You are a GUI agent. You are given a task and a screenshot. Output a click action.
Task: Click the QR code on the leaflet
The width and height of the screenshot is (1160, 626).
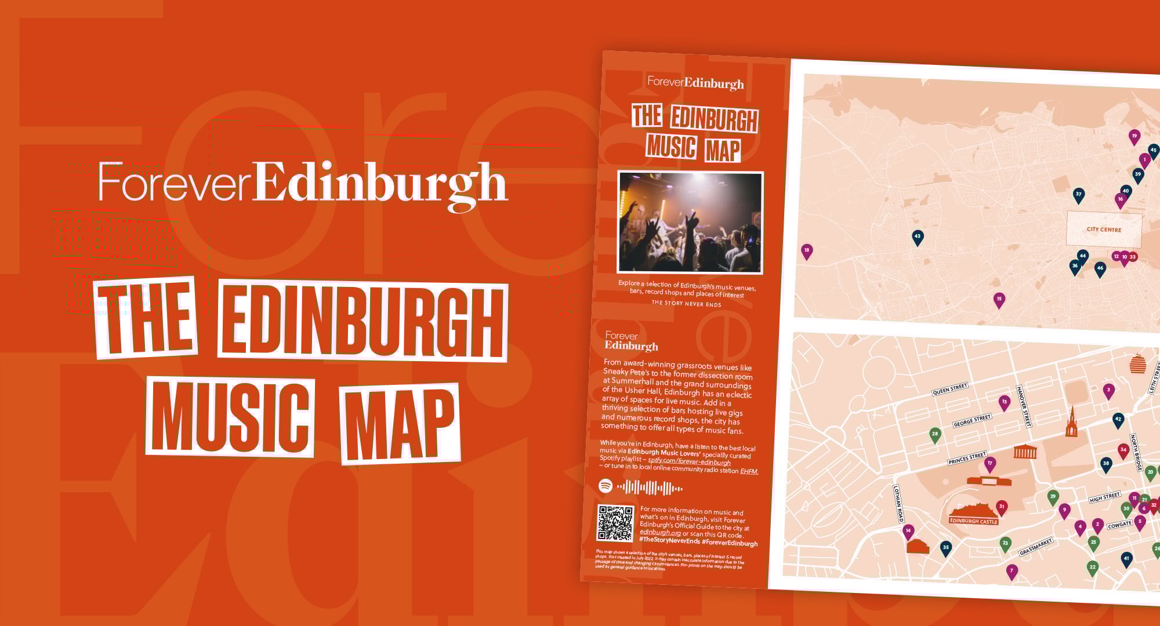[x=615, y=523]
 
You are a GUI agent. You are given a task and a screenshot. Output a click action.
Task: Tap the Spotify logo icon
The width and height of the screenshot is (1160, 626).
[x=606, y=486]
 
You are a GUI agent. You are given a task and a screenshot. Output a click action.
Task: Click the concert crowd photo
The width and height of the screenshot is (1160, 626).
[x=690, y=222]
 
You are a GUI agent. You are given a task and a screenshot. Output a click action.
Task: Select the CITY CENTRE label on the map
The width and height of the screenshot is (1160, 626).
[x=1104, y=230]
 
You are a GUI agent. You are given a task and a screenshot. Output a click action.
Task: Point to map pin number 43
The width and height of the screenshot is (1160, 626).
[x=917, y=236]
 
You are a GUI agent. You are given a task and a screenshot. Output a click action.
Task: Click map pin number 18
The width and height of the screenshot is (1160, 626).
[x=806, y=250]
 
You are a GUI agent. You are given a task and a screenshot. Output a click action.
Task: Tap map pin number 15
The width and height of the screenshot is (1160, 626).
[x=998, y=300]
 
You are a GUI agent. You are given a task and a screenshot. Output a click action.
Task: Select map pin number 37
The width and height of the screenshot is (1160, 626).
[x=1078, y=194]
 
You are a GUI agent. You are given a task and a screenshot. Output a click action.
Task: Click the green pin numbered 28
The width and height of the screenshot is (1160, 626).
[x=934, y=434]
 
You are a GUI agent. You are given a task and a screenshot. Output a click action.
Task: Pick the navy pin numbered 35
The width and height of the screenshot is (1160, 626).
[x=945, y=547]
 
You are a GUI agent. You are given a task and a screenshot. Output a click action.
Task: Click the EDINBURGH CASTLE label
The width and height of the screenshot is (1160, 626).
[x=973, y=521]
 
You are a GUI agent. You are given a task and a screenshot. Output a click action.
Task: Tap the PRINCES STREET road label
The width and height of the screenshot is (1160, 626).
[x=966, y=458]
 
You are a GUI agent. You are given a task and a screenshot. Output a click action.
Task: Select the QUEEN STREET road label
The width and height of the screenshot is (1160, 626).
[x=949, y=389]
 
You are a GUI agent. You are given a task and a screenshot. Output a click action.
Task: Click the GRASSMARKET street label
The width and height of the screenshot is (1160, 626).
[x=1035, y=547]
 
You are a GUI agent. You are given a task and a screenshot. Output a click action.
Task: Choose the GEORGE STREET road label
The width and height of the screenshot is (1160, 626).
[x=972, y=421]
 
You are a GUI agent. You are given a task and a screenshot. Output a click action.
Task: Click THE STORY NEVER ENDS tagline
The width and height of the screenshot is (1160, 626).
[x=686, y=303]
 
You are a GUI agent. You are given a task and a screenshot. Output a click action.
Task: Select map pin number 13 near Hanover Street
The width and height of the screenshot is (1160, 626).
[x=1004, y=402]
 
